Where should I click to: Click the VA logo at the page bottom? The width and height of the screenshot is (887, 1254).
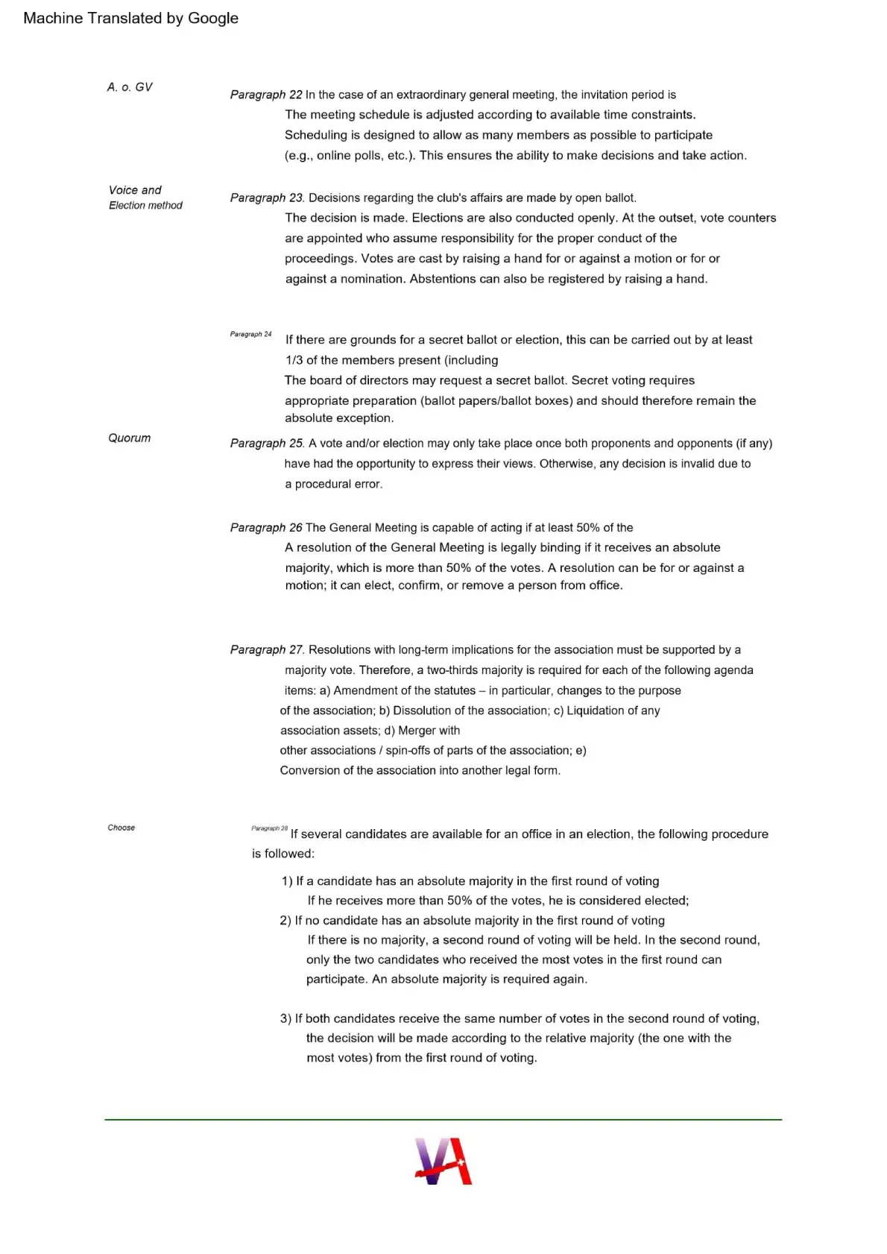click(443, 1161)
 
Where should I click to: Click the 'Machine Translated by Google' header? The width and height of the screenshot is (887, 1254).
click(130, 18)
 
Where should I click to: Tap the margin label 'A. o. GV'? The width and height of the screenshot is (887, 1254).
click(130, 87)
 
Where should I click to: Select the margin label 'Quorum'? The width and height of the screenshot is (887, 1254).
click(129, 438)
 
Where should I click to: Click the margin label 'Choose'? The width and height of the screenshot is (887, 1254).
click(121, 828)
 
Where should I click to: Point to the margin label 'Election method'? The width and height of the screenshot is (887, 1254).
click(145, 205)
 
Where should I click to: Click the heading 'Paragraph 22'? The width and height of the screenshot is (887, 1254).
click(266, 95)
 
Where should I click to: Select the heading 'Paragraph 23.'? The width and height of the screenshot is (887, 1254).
click(267, 198)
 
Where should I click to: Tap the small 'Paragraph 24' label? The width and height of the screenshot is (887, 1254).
click(250, 334)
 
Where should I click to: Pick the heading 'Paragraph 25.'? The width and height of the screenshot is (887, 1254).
click(267, 443)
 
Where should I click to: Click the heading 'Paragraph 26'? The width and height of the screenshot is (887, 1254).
click(266, 527)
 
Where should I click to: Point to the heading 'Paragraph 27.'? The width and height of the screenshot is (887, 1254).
click(267, 649)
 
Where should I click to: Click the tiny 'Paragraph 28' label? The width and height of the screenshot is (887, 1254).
click(269, 828)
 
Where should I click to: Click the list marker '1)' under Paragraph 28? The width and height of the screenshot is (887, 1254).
click(287, 881)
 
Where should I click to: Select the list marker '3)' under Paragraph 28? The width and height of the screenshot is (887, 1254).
click(285, 1018)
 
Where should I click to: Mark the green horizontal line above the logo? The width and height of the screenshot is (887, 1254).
click(443, 1119)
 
